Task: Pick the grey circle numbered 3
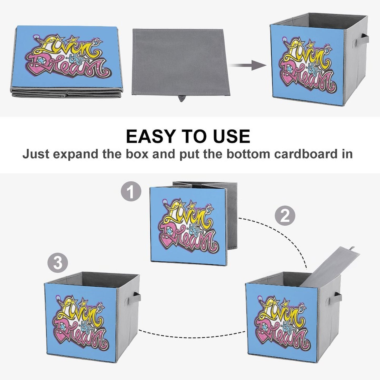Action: click(x=58, y=262)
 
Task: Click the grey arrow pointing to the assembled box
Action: click(x=249, y=65)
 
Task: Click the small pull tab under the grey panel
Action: click(x=181, y=99)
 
